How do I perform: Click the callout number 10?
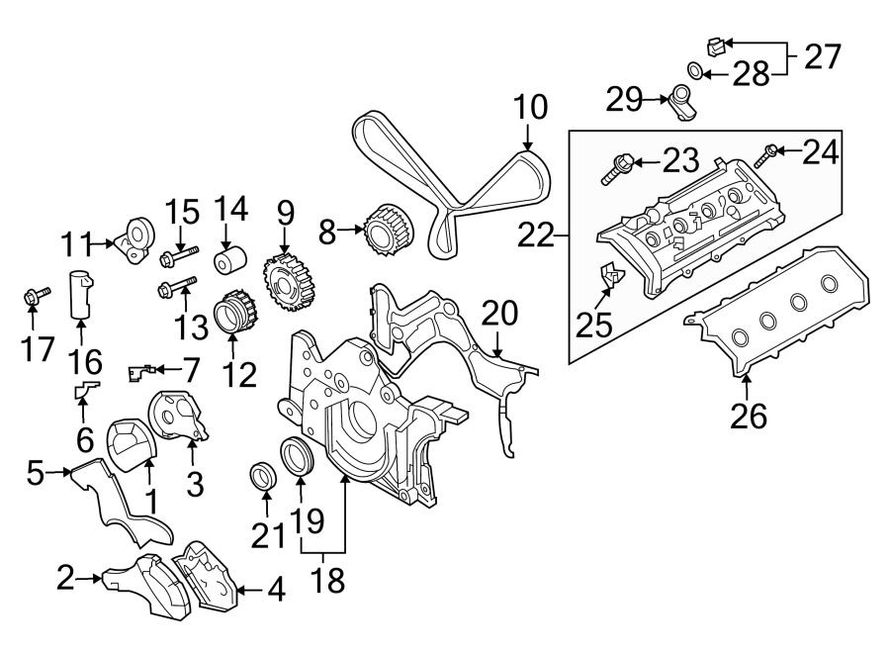[x=530, y=107]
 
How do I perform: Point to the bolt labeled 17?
[x=31, y=295]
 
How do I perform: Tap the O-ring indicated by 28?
[x=697, y=71]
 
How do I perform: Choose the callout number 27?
[x=820, y=57]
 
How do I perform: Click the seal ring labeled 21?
[x=263, y=474]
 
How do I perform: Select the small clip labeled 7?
[x=141, y=372]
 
